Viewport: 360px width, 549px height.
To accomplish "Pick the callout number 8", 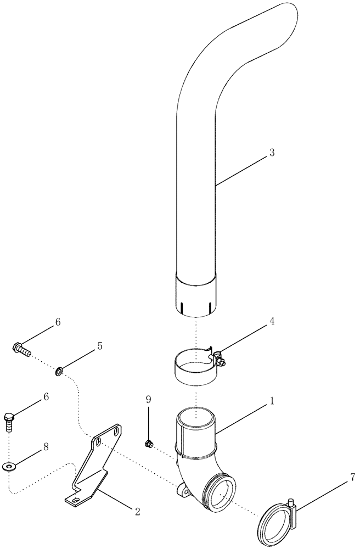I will (46, 447).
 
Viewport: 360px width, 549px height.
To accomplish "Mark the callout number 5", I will (100, 346).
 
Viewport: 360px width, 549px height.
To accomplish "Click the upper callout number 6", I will (59, 322).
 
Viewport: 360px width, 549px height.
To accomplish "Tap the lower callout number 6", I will (46, 396).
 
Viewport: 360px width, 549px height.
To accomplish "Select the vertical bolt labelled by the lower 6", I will (10, 420).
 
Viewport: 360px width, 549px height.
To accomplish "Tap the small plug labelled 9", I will (147, 442).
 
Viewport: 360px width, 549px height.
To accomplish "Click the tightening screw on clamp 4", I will (220, 360).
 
